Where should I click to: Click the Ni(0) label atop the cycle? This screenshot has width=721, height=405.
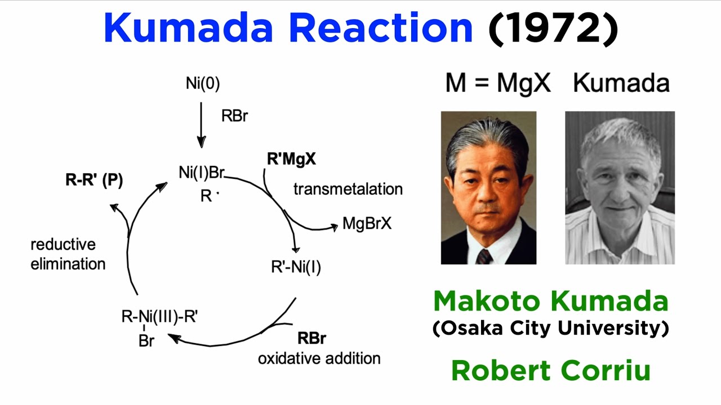pos(203,84)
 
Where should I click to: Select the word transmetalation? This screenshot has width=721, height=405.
pos(348,189)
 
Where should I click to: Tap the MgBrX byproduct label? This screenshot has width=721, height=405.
pos(367,224)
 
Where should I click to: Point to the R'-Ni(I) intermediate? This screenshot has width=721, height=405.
pos(296,267)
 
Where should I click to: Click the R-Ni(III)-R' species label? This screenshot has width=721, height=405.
pos(159,316)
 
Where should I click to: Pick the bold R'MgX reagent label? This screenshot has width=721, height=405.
pos(291,160)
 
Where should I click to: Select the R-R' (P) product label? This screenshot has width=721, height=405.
pos(94,180)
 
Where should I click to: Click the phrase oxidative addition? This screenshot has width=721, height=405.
pos(319,358)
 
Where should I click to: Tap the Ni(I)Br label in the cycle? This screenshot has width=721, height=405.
pos(202,173)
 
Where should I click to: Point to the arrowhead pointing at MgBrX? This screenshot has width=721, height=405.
pos(333,226)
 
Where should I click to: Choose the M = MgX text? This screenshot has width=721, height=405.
pos(497,83)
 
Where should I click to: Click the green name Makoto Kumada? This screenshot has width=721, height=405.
pos(550,302)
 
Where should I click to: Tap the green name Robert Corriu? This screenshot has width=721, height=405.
pos(550,371)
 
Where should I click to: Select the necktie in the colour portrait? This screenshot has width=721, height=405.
pos(484,256)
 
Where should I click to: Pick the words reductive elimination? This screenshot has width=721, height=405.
pos(68,254)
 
